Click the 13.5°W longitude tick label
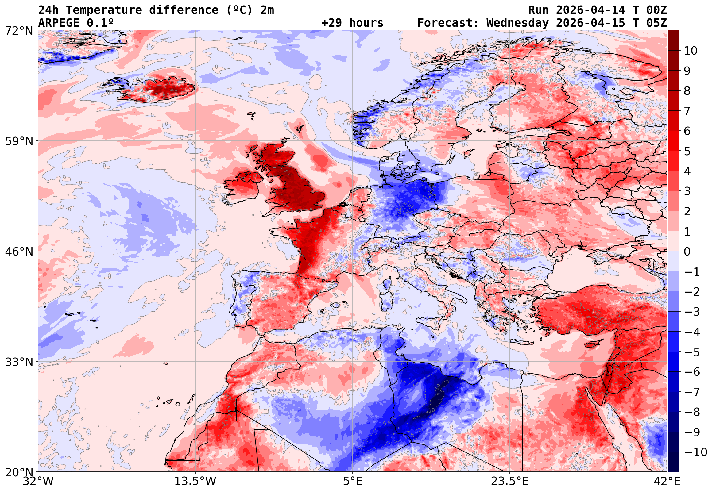coord(195,481)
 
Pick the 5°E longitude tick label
coord(353,481)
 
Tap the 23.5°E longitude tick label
coord(509,481)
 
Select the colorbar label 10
coord(691,51)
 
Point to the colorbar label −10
coord(695,452)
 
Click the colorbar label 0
coord(687,252)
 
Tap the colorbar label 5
coord(687,151)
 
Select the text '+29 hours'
coord(352,23)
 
